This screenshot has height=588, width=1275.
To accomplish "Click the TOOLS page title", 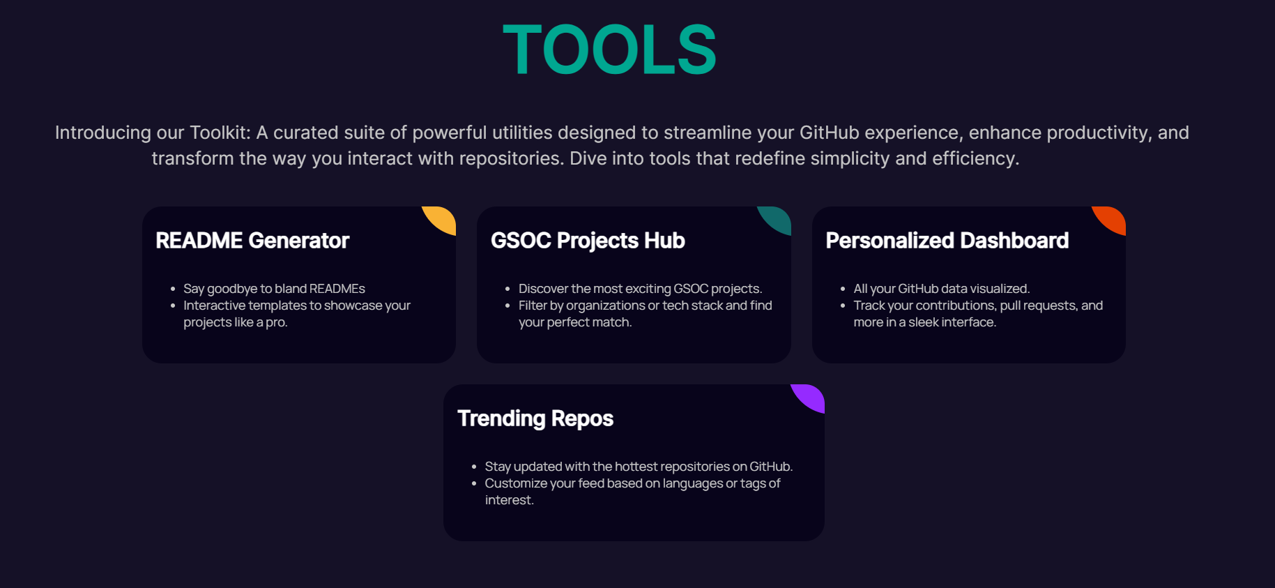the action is [609, 50].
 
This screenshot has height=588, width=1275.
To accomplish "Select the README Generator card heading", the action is [252, 241].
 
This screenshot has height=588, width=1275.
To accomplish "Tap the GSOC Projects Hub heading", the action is [588, 241].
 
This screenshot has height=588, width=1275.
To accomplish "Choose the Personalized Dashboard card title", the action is [947, 241].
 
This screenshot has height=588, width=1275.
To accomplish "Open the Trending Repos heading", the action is [535, 419].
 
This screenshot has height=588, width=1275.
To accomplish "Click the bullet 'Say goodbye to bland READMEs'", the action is [274, 289].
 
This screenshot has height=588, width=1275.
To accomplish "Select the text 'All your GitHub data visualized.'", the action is [941, 289].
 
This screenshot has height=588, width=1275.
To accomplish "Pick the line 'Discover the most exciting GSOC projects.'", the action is [640, 289].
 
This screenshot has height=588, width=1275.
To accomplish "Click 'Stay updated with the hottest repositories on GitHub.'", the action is [639, 467].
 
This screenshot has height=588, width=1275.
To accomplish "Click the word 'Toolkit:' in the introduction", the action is [220, 133].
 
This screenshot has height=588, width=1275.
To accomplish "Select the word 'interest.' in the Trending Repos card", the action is [510, 500].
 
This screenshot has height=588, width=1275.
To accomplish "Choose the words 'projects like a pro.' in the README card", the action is [236, 322].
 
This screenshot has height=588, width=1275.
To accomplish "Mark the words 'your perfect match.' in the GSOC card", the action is [575, 322].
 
